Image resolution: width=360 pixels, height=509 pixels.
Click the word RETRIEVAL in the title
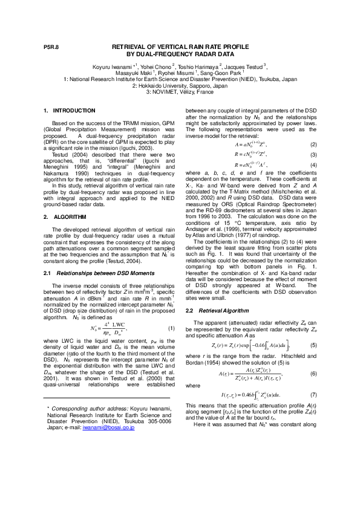(134, 47)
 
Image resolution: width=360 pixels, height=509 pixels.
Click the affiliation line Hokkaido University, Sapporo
(180, 85)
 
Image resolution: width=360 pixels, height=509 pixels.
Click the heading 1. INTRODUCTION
(70, 111)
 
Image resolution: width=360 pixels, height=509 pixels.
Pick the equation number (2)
(313, 145)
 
